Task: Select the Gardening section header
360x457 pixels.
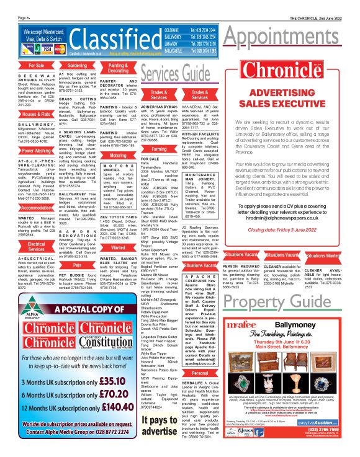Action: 77,64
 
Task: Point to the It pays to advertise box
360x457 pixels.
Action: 142,422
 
